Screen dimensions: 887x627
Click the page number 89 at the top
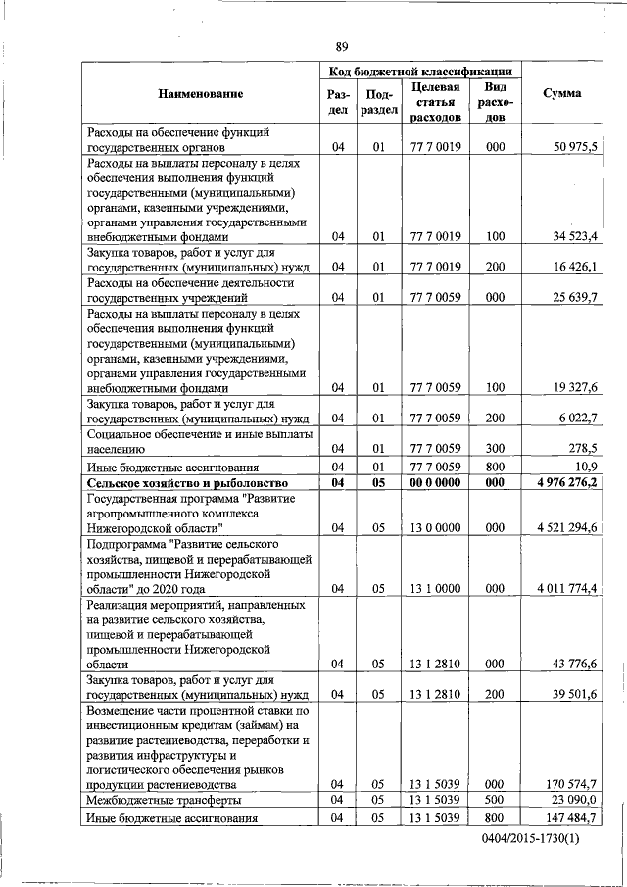(x=342, y=47)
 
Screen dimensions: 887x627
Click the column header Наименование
(x=199, y=93)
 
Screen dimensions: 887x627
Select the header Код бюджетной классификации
(x=420, y=72)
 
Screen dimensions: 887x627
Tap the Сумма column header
(x=561, y=93)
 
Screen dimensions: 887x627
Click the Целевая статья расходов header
(x=435, y=102)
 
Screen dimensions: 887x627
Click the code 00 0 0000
(x=435, y=483)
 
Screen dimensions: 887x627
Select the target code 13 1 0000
(x=435, y=588)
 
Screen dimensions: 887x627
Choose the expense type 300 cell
(x=495, y=446)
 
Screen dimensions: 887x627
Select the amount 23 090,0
(x=573, y=800)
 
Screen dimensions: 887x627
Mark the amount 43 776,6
(x=573, y=664)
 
